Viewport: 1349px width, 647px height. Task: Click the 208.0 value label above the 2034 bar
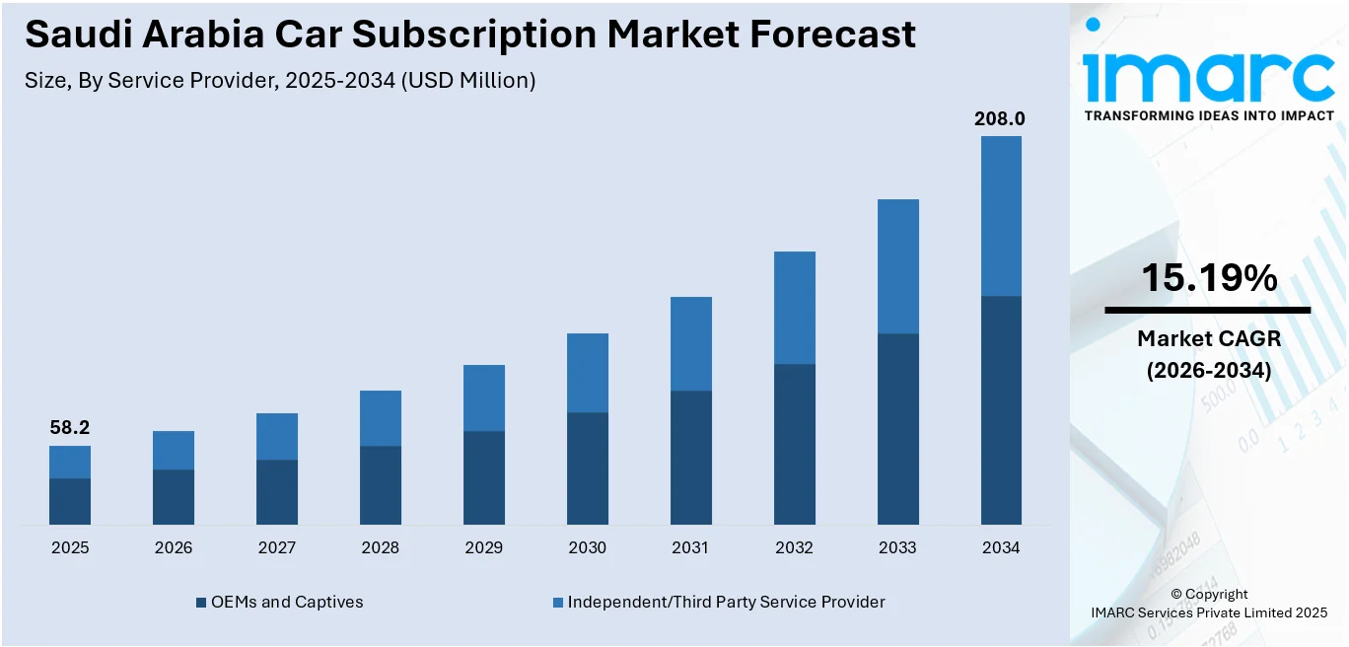coord(1000,119)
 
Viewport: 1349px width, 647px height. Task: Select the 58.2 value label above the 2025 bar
coord(69,428)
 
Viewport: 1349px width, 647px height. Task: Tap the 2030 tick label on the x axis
coord(587,547)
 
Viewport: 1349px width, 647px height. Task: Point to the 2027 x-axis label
coord(276,547)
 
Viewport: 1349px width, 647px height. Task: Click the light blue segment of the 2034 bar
coord(1001,216)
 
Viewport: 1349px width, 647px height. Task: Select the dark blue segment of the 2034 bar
coord(1001,409)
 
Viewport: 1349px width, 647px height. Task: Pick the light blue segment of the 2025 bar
coord(70,462)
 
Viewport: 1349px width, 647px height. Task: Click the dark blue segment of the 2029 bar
coord(483,477)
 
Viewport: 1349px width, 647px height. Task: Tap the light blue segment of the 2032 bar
coord(794,308)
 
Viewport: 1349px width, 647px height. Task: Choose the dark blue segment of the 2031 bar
coord(690,457)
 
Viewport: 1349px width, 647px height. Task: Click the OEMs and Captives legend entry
coord(279,602)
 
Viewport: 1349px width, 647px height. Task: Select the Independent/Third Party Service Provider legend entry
coord(718,602)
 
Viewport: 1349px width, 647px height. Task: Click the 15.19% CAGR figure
coord(1209,279)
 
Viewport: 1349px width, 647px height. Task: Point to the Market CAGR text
coord(1209,338)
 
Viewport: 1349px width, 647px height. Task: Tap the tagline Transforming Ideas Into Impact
coord(1209,115)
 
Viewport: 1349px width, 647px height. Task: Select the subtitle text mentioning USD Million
coord(280,81)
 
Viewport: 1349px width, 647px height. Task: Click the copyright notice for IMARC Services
coord(1209,604)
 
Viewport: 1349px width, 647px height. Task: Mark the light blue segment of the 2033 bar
coord(897,266)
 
